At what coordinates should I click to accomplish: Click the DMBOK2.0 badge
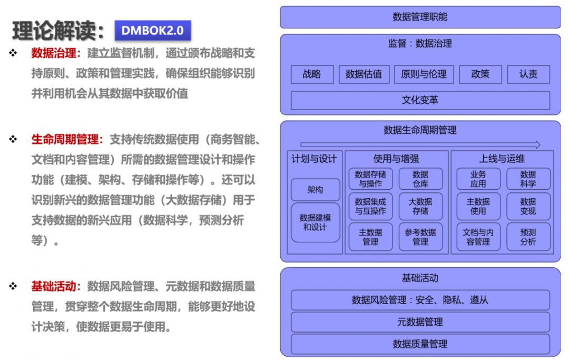pos(152,31)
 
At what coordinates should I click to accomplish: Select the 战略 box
pos(312,74)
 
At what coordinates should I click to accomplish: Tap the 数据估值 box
pos(364,74)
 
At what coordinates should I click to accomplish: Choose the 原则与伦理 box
pos(424,74)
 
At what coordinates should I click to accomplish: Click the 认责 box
pos(528,74)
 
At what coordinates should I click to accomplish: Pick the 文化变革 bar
pos(420,100)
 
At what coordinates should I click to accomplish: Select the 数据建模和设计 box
pos(315,222)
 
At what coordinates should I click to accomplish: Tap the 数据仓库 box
pos(420,179)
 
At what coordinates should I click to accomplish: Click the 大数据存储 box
pos(420,206)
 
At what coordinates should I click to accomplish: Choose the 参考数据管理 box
pos(420,237)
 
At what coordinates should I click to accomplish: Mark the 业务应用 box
pos(478,179)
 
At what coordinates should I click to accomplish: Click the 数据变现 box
pos(528,206)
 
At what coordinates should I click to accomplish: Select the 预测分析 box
pos(528,237)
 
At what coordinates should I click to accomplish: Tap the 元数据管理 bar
pos(420,322)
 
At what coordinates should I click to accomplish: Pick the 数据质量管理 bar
pos(420,344)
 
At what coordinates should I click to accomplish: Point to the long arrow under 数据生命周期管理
pos(420,144)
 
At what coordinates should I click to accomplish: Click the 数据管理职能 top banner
pos(420,17)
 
